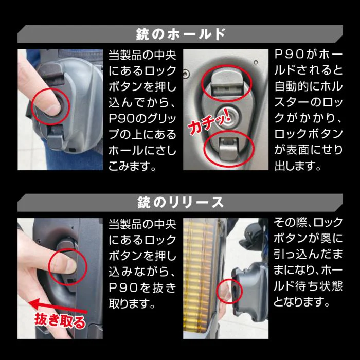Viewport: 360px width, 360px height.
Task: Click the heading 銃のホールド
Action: click(x=180, y=34)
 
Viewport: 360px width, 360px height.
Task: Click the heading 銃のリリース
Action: click(x=180, y=202)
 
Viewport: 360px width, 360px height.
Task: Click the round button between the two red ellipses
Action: click(x=227, y=115)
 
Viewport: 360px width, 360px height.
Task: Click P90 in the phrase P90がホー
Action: click(x=290, y=53)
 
